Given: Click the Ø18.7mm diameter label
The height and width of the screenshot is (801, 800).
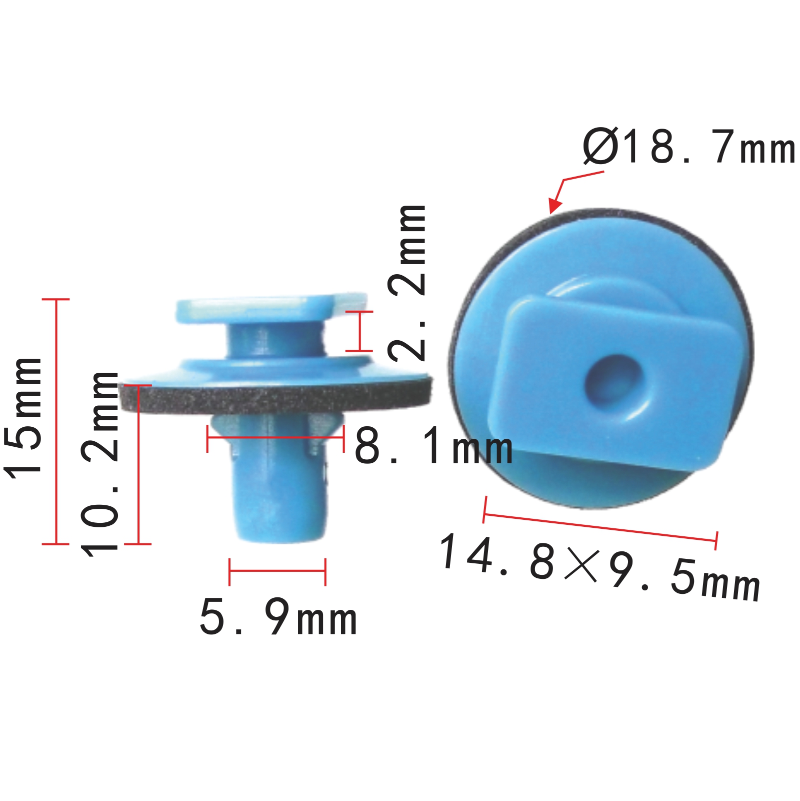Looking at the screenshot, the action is point(689,147).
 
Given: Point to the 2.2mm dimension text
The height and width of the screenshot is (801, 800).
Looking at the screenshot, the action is point(407,283).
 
